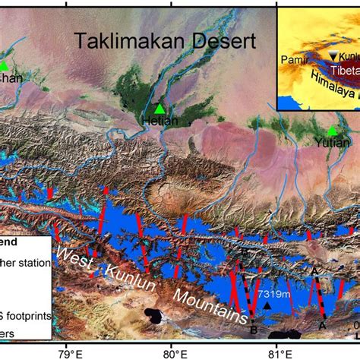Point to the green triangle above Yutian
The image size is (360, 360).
[333, 131]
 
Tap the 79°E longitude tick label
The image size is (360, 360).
[68, 352]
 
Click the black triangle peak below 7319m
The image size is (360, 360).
[268, 305]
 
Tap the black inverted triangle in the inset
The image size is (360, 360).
[332, 55]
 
